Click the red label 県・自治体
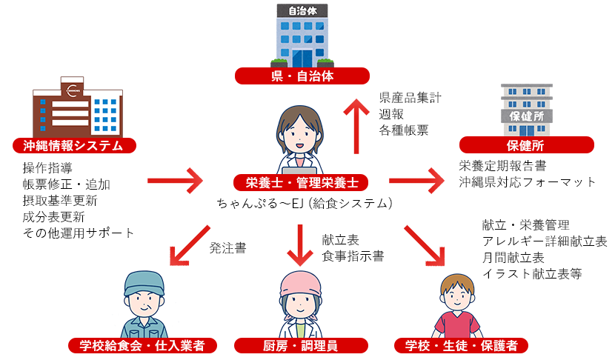point(302,76)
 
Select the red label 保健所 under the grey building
point(526,145)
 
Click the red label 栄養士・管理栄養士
point(302,181)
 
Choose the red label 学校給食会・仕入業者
point(146,345)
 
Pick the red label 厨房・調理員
point(302,345)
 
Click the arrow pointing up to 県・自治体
point(356,126)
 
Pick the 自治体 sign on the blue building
point(302,12)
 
